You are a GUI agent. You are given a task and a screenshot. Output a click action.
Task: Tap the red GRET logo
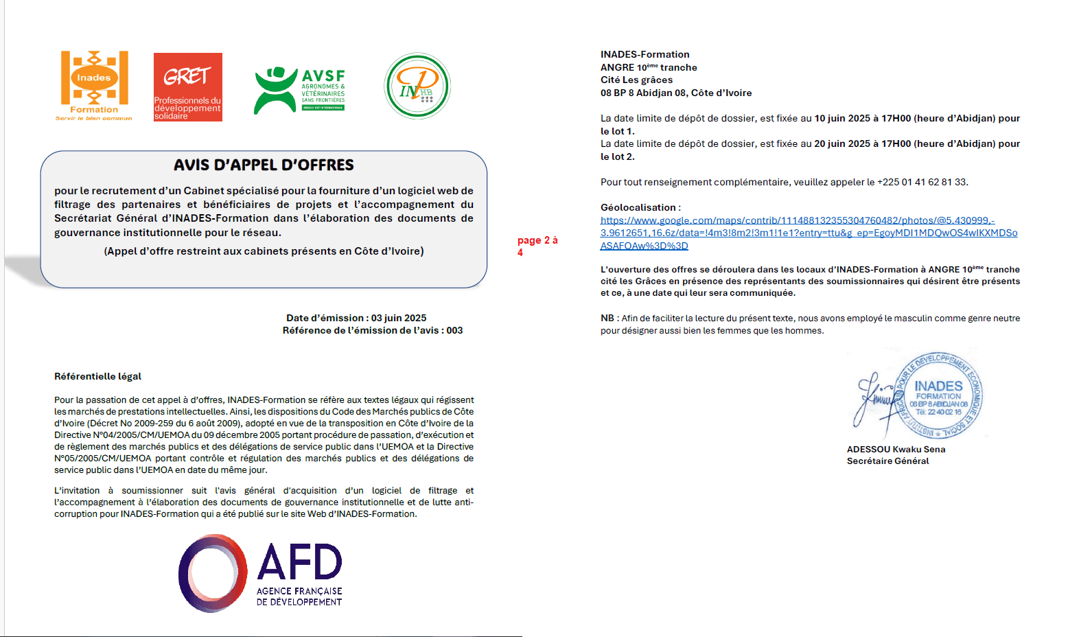[187, 86]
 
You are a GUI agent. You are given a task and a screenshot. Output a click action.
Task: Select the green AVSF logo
[299, 89]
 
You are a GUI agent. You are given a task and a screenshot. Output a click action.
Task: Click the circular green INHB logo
[417, 86]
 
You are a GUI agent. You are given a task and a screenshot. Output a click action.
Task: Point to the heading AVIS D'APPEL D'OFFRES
[264, 165]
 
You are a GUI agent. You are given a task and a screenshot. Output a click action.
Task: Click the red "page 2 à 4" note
[537, 246]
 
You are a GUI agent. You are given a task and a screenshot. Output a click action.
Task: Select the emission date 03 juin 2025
[399, 318]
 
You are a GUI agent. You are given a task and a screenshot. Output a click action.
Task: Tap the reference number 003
[454, 330]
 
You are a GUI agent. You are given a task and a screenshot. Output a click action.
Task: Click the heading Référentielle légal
[97, 376]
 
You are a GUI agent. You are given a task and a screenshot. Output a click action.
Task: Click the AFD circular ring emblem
[213, 573]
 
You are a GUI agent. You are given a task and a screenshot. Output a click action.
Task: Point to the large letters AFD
[300, 563]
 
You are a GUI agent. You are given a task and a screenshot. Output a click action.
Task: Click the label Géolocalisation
[639, 207]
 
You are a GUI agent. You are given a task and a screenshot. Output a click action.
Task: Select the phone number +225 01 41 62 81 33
[922, 182]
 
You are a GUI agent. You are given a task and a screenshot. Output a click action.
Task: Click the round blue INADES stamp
[938, 396]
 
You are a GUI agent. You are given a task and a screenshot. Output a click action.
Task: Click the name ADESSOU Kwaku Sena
[896, 449]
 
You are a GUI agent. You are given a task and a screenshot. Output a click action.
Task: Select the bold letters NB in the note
[607, 318]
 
